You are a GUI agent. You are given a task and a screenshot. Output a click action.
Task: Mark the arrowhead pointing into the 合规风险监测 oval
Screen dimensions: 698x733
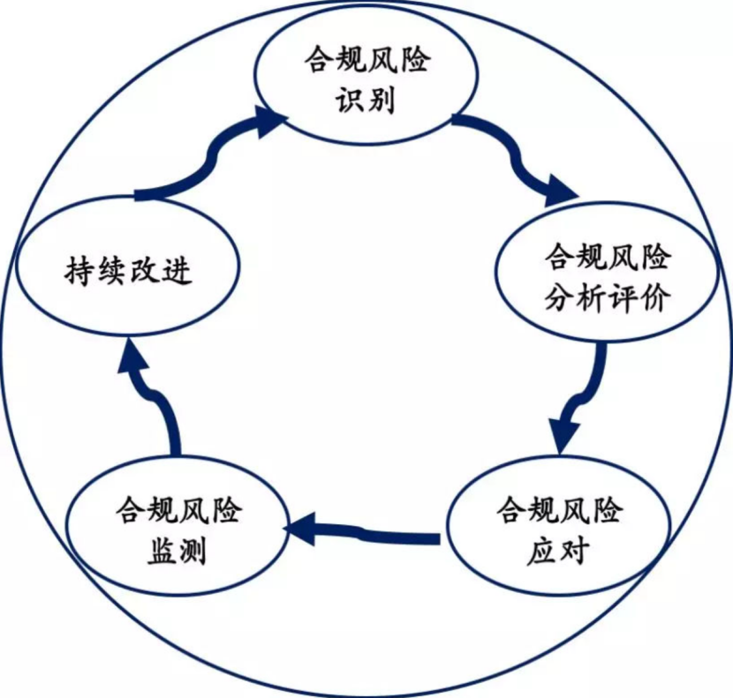tap(300, 529)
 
